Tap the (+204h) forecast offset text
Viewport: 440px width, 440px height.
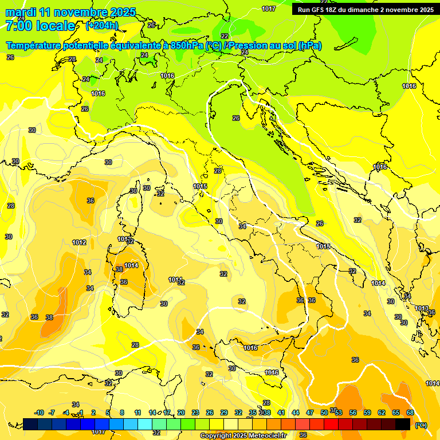[103, 26]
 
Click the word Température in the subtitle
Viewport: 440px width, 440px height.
[34, 46]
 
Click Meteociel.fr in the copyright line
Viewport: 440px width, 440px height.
[264, 436]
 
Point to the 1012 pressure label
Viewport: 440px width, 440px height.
[79, 242]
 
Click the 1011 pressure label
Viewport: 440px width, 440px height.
[175, 280]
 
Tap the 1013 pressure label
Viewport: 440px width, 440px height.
[422, 309]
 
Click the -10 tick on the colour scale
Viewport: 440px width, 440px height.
[40, 412]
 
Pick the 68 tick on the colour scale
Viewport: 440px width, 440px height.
[410, 412]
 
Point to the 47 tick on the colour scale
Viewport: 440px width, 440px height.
[310, 412]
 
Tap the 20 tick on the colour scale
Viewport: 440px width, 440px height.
[181, 412]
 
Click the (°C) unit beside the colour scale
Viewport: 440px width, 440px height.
[421, 425]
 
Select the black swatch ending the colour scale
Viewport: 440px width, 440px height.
[403, 424]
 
